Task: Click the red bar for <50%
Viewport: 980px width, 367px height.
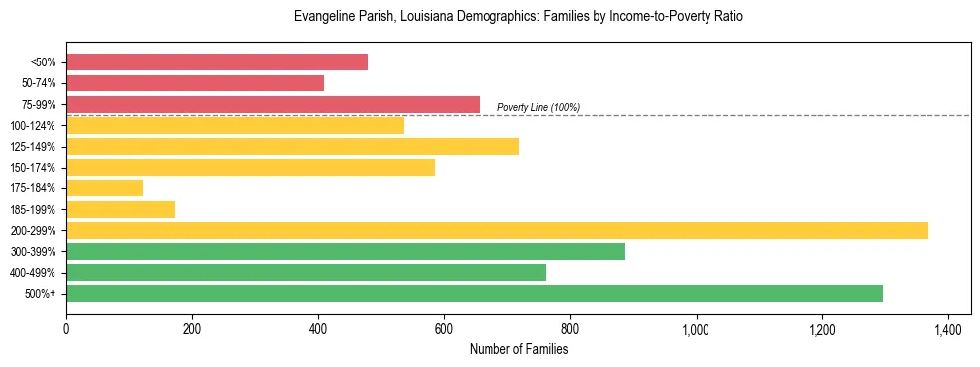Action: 217,62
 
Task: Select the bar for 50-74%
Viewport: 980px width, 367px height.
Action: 195,83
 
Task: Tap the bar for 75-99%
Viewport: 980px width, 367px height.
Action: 272,104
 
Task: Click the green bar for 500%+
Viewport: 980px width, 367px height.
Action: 475,293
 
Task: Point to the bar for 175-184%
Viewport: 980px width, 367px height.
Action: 104,187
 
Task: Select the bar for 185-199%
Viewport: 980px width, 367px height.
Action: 121,209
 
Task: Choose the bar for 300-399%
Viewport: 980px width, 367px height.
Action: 346,251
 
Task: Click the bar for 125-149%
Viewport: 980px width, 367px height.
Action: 292,146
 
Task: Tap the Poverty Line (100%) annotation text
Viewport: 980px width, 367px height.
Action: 538,107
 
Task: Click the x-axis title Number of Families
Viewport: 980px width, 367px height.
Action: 518,349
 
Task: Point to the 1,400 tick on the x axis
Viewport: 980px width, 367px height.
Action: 948,328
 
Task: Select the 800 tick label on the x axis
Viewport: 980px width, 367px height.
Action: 570,328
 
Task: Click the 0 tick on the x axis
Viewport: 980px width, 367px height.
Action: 66,328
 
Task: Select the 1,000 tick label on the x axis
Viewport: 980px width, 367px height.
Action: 696,328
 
